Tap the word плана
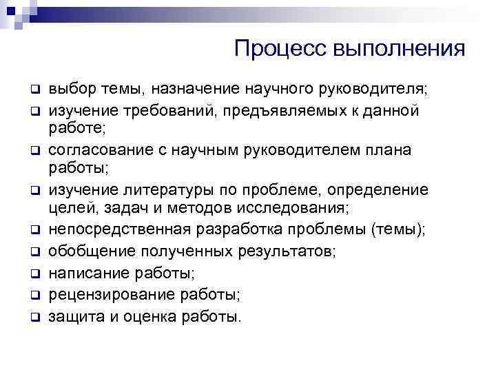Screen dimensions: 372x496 (x=410, y=149)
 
